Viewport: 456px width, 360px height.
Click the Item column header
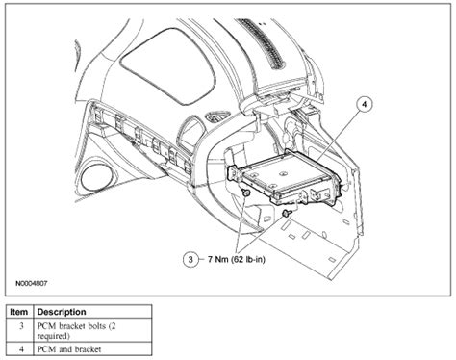pos(18,313)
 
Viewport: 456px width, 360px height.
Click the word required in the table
pos(59,338)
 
